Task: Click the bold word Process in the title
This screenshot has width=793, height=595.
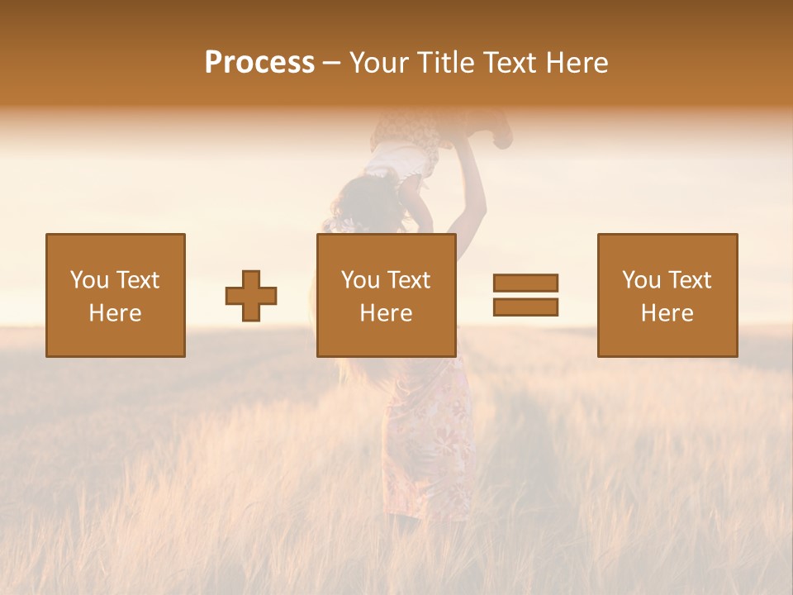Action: [259, 63]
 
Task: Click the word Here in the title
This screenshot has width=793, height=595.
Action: [577, 63]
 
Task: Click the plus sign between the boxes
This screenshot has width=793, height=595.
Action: [251, 296]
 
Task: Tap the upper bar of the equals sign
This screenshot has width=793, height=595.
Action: [525, 283]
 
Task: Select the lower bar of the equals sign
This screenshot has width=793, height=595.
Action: [525, 307]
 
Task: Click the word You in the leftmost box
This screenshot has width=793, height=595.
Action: [88, 280]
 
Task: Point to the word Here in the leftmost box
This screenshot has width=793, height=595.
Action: [115, 313]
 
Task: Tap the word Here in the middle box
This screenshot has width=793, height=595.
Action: [386, 313]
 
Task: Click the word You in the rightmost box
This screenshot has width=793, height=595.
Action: [640, 280]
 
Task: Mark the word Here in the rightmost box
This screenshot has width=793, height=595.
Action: [667, 313]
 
